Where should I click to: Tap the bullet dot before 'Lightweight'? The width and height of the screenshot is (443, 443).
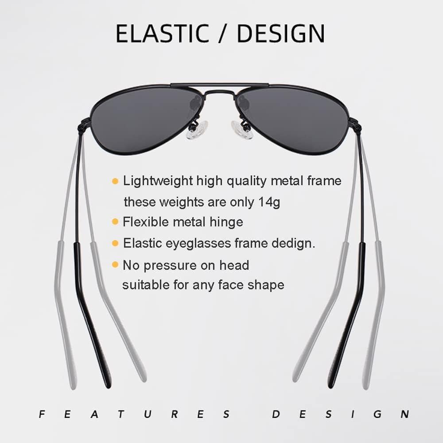click(115, 181)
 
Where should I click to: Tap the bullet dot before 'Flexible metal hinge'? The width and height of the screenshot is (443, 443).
click(115, 221)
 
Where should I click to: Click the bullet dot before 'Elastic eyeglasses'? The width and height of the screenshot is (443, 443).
click(115, 243)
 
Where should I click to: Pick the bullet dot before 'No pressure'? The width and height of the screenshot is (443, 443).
click(115, 265)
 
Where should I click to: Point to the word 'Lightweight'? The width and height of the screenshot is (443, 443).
click(158, 181)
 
